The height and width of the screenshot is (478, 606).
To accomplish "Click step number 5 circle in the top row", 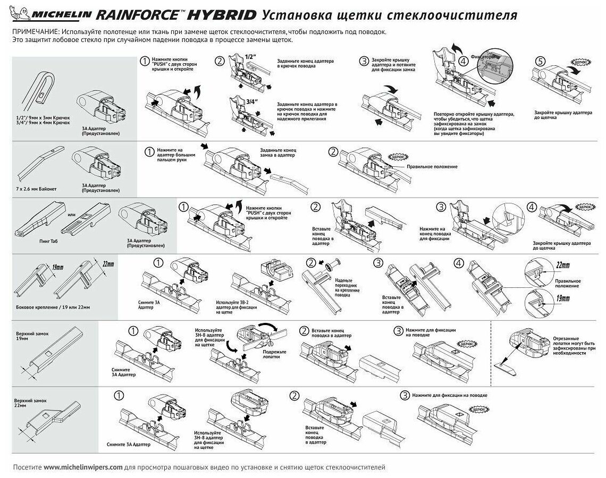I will tap(540, 62).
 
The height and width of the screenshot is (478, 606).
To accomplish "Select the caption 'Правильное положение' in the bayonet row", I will tap(432, 166).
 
